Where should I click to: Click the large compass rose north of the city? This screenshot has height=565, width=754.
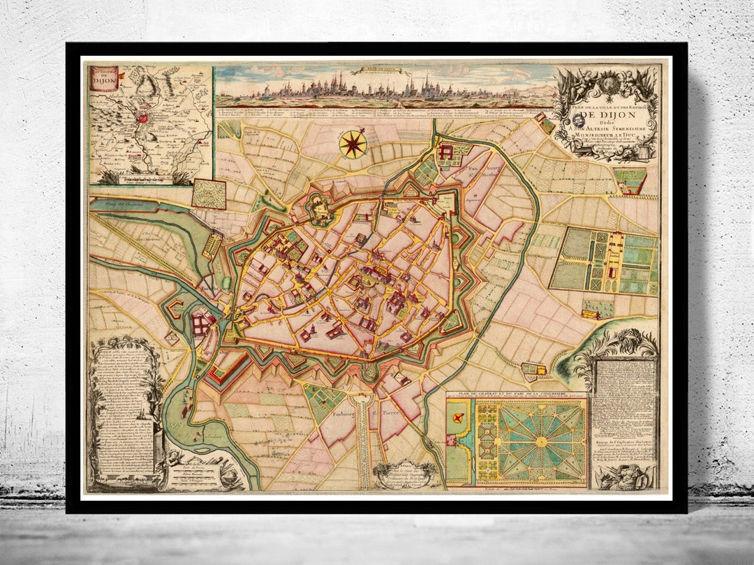(x=353, y=144)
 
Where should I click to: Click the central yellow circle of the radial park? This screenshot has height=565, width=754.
(x=541, y=442)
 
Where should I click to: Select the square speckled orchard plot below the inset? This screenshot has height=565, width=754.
(x=209, y=194)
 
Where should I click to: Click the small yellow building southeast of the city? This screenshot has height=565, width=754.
(x=533, y=369)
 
